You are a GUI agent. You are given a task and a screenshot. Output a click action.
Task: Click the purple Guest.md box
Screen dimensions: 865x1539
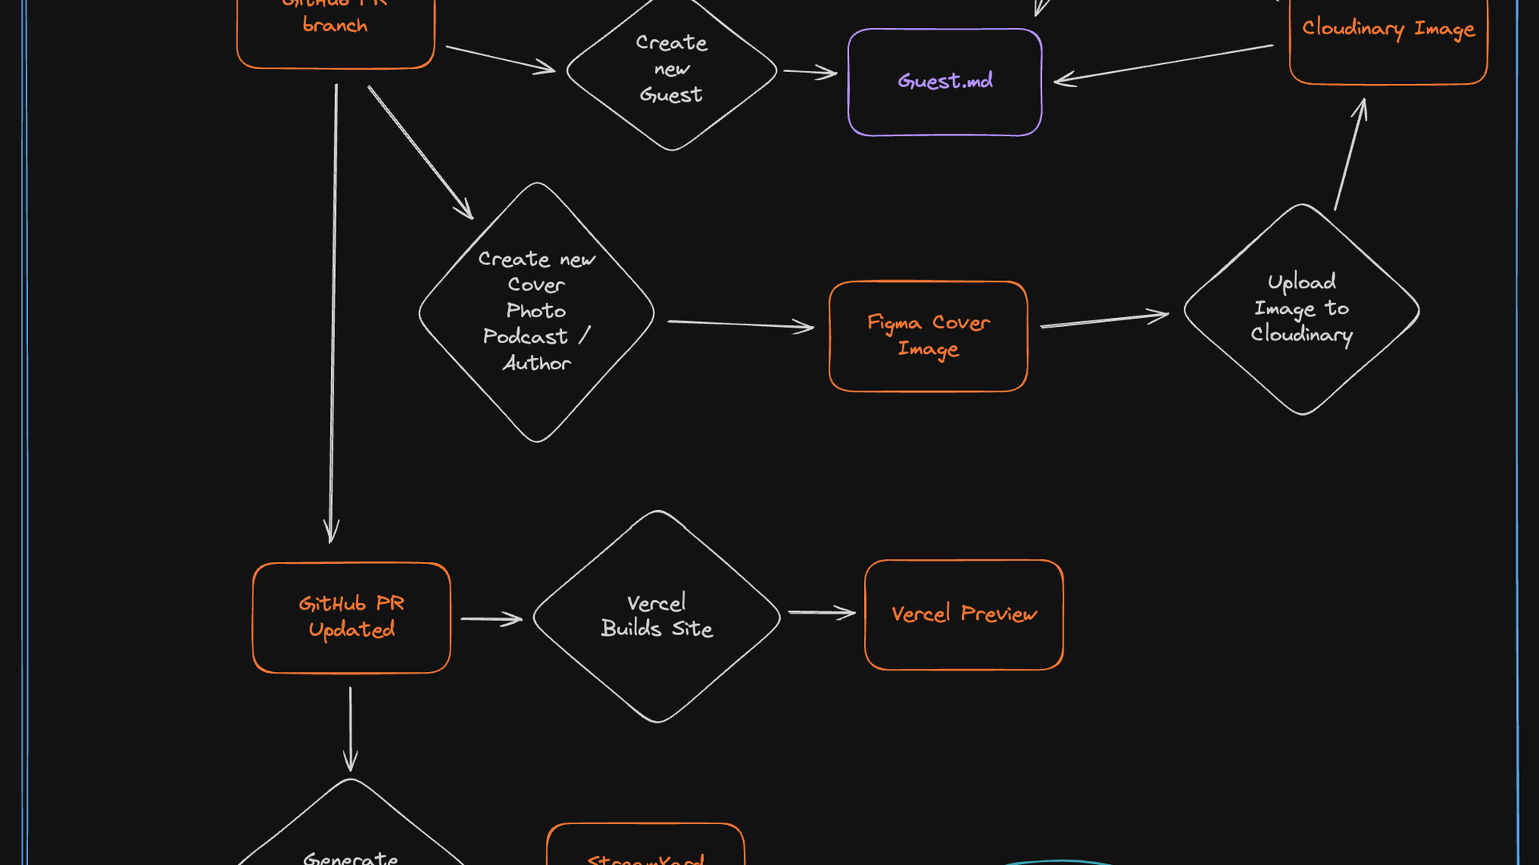point(944,82)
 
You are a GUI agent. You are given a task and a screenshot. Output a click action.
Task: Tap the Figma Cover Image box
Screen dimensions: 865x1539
point(928,336)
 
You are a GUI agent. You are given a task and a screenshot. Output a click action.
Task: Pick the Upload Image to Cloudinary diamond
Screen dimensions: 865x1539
point(1301,309)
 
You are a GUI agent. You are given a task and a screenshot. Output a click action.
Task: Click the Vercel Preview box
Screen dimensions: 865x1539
point(963,614)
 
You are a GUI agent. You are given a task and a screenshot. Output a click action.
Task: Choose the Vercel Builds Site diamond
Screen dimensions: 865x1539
point(656,616)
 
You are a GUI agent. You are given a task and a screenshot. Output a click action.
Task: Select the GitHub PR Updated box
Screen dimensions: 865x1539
point(351,618)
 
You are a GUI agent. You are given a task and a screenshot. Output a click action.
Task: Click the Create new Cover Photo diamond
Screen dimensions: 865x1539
point(536,312)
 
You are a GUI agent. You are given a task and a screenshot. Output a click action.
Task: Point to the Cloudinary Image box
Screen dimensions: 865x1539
point(1388,32)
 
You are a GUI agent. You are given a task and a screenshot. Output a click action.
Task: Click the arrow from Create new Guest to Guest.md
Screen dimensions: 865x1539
point(810,73)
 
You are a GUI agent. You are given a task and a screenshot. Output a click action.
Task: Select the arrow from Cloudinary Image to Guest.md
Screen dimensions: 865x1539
point(1162,62)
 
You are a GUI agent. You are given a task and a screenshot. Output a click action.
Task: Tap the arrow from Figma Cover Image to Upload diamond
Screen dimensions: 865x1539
point(1104,320)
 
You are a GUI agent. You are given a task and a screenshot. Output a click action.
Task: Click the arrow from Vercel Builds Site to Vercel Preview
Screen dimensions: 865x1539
point(822,613)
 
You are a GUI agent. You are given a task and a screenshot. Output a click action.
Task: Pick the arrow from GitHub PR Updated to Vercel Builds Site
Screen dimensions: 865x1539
point(491,619)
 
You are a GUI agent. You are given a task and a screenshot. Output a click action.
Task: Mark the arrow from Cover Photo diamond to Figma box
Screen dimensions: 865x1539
point(740,324)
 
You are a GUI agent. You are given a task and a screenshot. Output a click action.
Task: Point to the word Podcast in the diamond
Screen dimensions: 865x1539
point(525,337)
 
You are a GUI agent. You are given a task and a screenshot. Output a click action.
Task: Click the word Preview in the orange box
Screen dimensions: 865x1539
point(999,614)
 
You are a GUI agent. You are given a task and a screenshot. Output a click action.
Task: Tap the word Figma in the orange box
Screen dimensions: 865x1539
point(894,324)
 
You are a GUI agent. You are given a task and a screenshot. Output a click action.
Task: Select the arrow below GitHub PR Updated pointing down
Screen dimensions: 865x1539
point(350,729)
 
